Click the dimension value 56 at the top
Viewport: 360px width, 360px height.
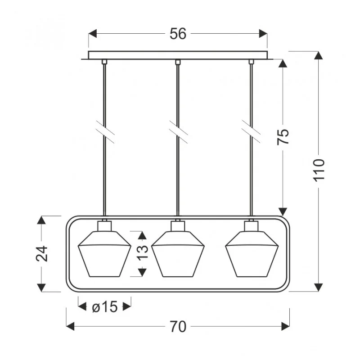click(x=178, y=34)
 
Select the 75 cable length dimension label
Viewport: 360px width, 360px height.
click(x=283, y=137)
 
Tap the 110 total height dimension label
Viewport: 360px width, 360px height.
click(x=319, y=170)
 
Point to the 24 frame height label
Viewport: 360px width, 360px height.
click(x=42, y=253)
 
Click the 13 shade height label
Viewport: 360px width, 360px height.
click(x=143, y=253)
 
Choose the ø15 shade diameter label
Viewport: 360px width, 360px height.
click(x=105, y=307)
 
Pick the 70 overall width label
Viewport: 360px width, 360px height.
click(x=178, y=327)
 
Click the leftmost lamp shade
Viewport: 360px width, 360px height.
click(x=104, y=254)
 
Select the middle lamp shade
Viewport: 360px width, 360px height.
click(x=178, y=254)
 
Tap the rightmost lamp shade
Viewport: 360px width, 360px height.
click(x=252, y=254)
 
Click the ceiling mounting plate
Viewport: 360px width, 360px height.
click(x=178, y=55)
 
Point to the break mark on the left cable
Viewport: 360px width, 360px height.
click(x=105, y=132)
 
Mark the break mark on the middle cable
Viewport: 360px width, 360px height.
click(x=178, y=132)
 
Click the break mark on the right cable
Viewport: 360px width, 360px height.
click(x=251, y=132)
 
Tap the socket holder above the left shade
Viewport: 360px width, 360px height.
click(x=104, y=226)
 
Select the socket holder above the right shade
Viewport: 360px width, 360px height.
click(x=252, y=226)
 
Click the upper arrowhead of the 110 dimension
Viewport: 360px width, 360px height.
click(x=318, y=55)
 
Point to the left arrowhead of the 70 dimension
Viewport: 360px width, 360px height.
click(x=70, y=326)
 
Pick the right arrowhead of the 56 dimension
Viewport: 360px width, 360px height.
click(x=263, y=33)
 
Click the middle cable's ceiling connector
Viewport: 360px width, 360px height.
click(x=178, y=62)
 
